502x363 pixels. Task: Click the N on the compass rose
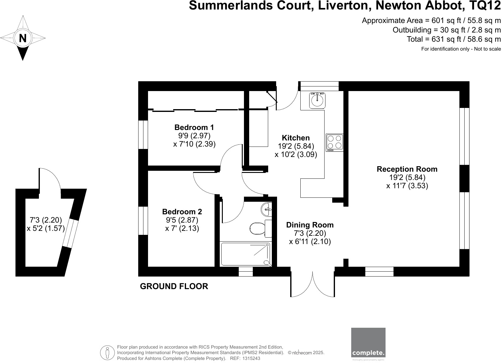click(23, 38)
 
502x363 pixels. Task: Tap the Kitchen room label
click(296, 138)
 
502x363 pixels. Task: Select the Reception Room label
click(407, 169)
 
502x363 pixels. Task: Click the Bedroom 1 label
click(194, 127)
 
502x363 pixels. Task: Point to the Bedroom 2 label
click(182, 212)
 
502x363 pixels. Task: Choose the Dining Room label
click(310, 225)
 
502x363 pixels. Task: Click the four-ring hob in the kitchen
click(334, 143)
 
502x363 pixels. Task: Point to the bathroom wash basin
click(266, 209)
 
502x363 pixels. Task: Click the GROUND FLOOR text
click(174, 286)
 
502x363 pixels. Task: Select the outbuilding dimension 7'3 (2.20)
click(46, 220)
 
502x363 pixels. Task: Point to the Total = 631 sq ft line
click(454, 39)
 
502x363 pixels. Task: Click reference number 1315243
click(251, 358)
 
